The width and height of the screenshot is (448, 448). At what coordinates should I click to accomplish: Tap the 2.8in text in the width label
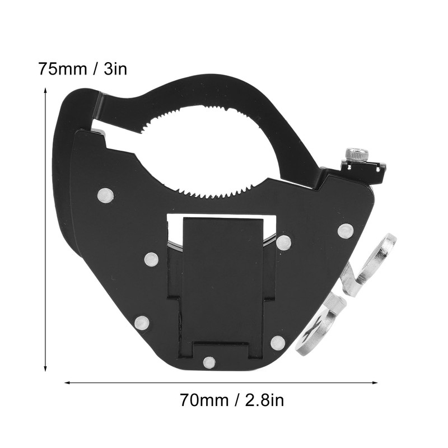(x=263, y=400)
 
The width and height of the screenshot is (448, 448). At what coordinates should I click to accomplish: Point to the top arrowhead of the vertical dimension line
(x=45, y=90)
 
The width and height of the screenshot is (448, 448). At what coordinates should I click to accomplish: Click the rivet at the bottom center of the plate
(x=209, y=362)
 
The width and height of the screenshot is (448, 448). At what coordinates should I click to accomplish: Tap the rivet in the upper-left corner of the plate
(x=105, y=195)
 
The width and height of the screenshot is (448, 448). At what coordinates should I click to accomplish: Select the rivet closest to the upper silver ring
(x=345, y=230)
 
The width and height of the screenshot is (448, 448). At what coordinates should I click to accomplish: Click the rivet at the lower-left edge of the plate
(x=142, y=323)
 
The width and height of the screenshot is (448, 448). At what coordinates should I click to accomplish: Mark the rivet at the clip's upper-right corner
(x=283, y=242)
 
